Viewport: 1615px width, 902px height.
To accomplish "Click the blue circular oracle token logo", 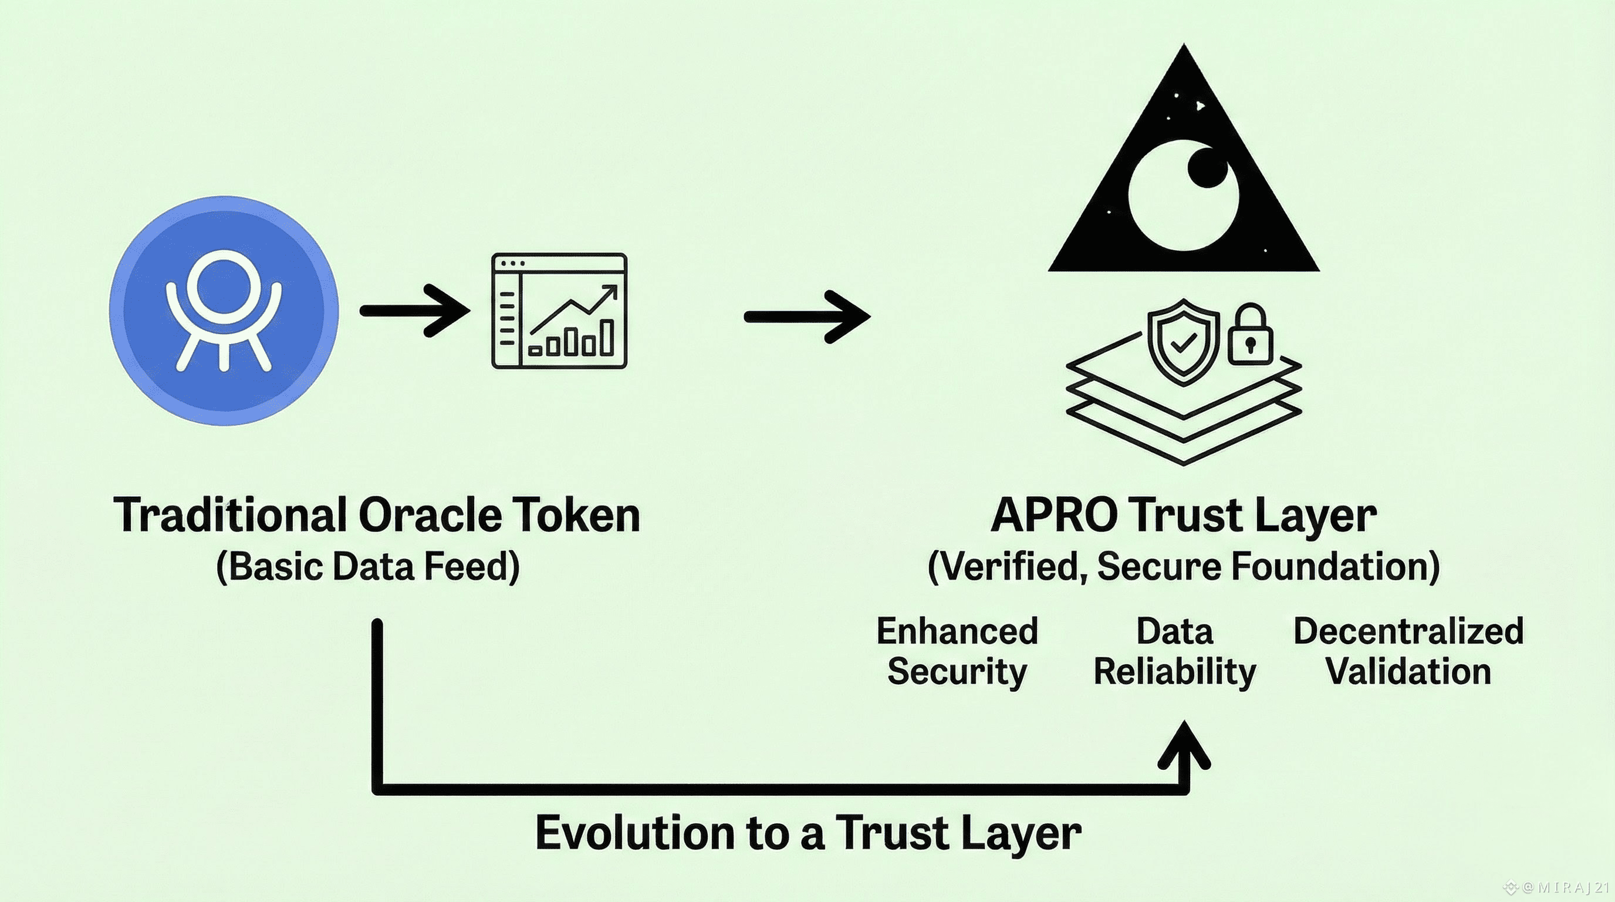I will click(224, 311).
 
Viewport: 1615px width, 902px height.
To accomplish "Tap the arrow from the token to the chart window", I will click(415, 310).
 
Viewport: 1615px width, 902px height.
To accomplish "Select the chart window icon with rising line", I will click(559, 311).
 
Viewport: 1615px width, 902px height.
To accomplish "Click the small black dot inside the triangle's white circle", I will click(1207, 167).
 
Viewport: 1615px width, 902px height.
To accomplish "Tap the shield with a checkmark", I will click(1183, 342).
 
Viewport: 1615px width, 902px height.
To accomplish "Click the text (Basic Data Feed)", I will click(368, 567).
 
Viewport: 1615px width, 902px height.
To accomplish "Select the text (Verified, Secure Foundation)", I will click(1183, 567).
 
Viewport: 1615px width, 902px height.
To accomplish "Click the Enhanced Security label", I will click(957, 651).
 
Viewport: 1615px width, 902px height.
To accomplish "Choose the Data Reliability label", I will click(1175, 651).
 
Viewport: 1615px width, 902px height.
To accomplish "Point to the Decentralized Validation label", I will click(1408, 651).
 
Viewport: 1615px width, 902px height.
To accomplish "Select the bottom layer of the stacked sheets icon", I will click(1184, 439).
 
